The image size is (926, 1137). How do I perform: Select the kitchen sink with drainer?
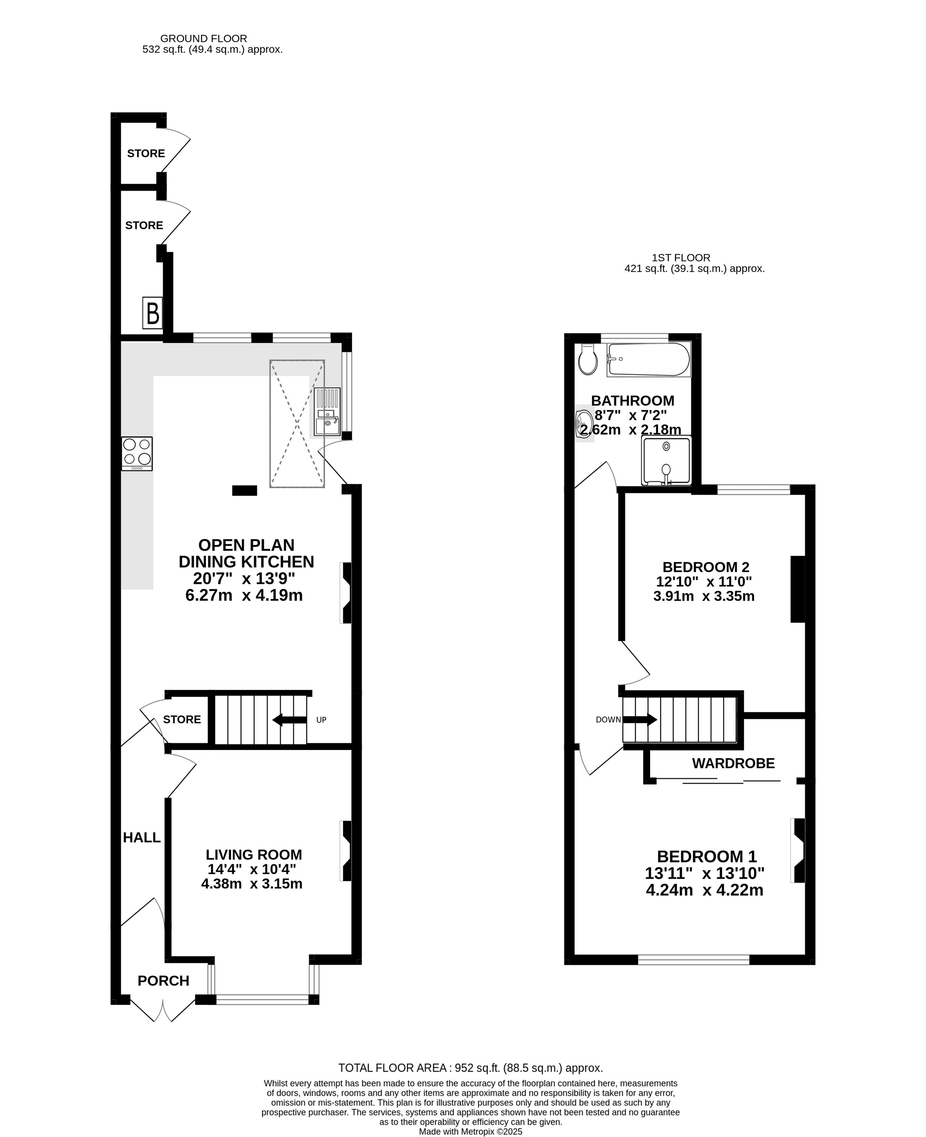(x=327, y=412)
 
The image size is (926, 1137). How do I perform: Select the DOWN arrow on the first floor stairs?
(x=640, y=719)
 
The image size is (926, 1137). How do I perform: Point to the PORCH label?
(x=163, y=981)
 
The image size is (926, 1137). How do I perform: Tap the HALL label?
(x=142, y=837)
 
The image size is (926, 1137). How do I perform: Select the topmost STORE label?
(x=146, y=154)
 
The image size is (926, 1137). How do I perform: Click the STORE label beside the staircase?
(x=182, y=719)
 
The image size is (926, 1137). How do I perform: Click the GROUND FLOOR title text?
(x=204, y=38)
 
